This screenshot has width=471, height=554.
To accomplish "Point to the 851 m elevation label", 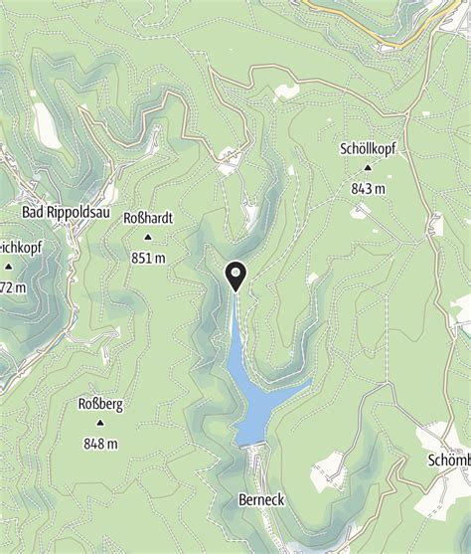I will (x=147, y=257).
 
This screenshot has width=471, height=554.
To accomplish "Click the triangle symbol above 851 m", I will (x=147, y=238).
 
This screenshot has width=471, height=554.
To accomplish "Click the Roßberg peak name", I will (x=100, y=405).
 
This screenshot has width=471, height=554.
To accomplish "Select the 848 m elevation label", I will (x=100, y=443).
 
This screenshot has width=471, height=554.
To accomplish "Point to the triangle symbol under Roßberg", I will (x=100, y=424).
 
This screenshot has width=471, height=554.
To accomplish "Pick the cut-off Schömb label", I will (x=448, y=461).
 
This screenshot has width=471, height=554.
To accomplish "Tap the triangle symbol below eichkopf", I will (x=9, y=267).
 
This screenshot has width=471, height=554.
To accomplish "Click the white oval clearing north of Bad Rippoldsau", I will (x=47, y=124).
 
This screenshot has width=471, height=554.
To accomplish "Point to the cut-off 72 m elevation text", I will (x=14, y=286).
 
